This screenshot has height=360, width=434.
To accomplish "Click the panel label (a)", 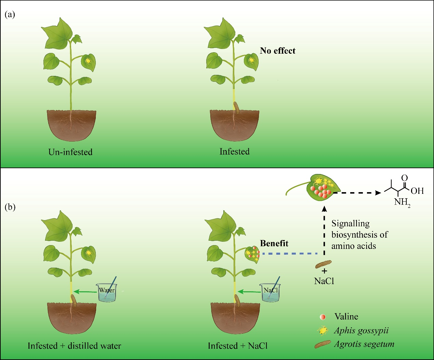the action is [10, 15].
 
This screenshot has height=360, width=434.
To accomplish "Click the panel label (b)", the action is [10, 207].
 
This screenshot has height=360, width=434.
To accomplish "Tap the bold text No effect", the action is [277, 51].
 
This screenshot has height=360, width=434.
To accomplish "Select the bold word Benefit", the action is [274, 243].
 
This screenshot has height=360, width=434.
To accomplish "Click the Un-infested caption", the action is [70, 152].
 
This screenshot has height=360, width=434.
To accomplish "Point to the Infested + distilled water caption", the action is [75, 346].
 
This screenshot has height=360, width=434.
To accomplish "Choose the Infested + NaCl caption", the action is [238, 346].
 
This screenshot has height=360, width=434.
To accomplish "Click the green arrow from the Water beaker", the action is [86, 292].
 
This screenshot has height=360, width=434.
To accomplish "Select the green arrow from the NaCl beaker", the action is [249, 292].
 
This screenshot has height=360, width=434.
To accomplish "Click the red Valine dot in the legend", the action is [323, 317].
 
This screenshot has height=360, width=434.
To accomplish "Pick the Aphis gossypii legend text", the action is [361, 331].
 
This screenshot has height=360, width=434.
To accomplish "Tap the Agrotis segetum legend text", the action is [364, 344].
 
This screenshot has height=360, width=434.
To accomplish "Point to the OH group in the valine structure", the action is [417, 191].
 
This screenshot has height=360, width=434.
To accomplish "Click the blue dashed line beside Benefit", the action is [290, 254].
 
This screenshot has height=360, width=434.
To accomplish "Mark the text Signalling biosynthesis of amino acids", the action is [359, 235].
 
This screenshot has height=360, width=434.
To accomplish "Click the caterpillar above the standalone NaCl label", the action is [324, 264].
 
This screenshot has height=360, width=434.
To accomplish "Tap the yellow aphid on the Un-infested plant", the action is [88, 61].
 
